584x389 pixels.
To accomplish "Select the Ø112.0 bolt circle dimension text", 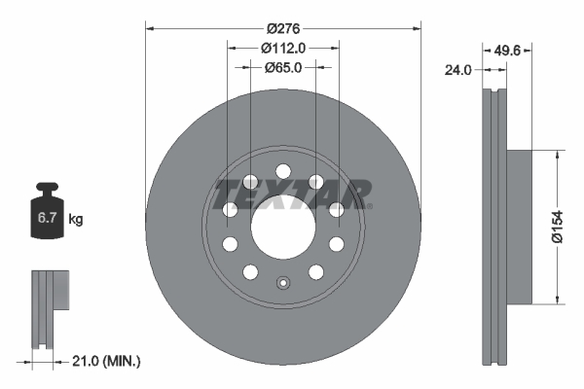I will click(283, 46).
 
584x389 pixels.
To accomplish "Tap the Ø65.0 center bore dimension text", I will click(283, 67).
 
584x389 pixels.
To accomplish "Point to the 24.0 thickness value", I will click(456, 69).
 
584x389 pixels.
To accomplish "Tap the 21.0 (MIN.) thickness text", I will click(108, 361).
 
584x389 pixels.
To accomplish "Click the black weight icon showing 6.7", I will click(45, 216).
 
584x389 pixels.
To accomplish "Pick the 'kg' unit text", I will click(76, 220).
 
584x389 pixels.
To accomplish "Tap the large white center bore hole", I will click(283, 226).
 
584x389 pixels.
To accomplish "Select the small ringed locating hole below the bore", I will click(283, 284).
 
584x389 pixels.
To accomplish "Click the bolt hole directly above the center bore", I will click(283, 167).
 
